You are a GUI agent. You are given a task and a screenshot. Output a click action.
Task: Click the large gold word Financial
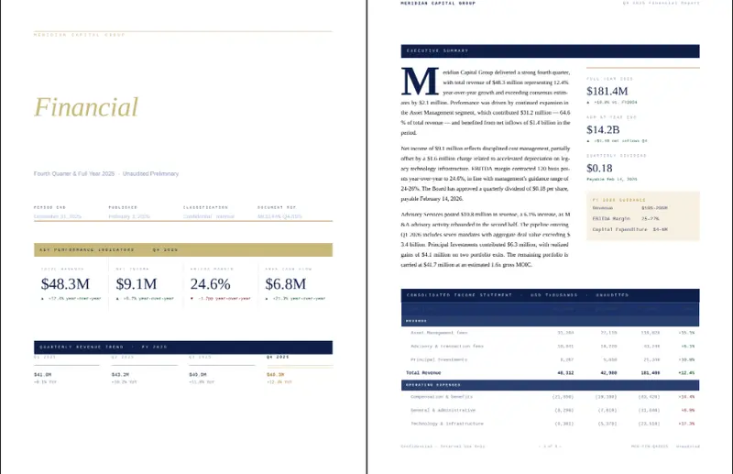[x=86, y=107]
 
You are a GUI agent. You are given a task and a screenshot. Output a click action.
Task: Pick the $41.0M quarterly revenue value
[x=43, y=374]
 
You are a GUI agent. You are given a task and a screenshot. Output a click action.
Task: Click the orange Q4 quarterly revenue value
[x=276, y=374]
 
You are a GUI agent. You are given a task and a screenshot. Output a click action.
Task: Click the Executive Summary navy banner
[x=550, y=50]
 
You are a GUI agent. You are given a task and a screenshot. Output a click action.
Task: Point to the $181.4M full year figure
[x=607, y=92]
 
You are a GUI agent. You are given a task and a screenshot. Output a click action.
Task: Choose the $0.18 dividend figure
[x=599, y=168]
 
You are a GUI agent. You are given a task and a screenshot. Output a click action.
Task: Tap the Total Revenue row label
[x=425, y=373]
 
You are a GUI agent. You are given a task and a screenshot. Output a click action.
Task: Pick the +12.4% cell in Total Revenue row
[x=686, y=373]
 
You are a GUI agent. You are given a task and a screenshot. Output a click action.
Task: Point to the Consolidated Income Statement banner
[x=550, y=295]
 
